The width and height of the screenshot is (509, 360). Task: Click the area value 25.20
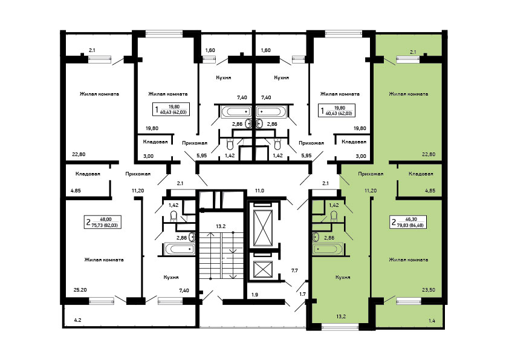click(80, 290)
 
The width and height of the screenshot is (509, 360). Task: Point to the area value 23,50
click(429, 290)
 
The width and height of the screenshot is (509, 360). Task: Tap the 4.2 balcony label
click(77, 320)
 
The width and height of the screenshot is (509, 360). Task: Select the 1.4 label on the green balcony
click(432, 321)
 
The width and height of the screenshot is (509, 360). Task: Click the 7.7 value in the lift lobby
click(294, 270)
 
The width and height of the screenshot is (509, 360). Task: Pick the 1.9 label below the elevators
click(255, 295)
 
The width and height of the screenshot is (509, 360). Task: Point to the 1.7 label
click(302, 294)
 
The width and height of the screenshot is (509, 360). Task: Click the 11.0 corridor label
click(259, 191)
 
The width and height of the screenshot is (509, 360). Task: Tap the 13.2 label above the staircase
click(221, 226)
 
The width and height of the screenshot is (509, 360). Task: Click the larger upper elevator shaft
click(263, 227)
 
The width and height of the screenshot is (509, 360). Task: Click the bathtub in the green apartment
click(328, 249)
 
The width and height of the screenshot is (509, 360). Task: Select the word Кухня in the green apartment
click(343, 278)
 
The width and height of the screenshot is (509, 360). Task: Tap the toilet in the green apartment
click(333, 216)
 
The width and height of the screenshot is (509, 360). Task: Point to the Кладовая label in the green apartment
click(421, 174)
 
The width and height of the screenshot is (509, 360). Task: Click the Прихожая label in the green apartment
click(371, 174)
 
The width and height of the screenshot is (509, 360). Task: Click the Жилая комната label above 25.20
click(104, 260)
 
